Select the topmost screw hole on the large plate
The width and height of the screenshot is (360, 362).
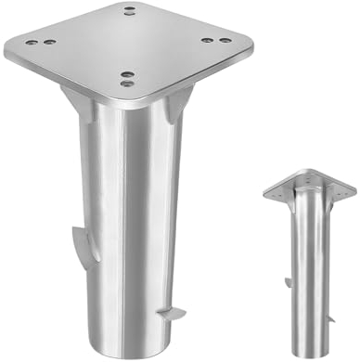tap(128, 10)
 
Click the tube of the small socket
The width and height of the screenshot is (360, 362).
tap(309, 269)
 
